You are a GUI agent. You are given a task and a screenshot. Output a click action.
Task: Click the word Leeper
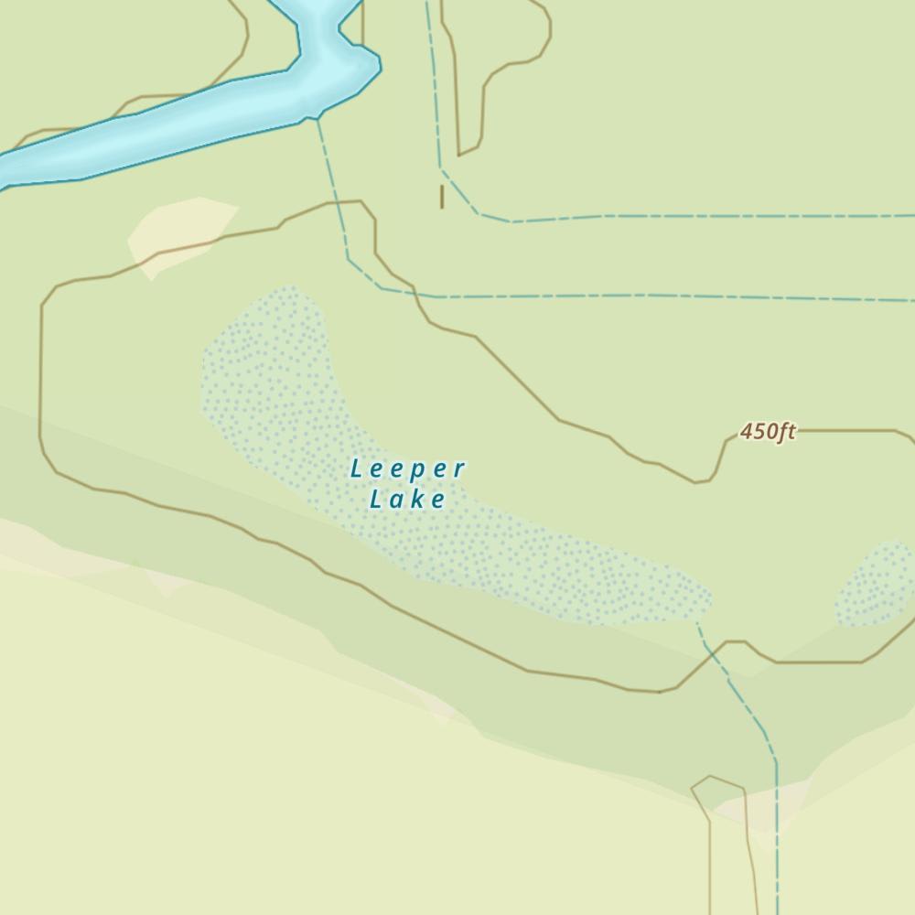coord(408,469)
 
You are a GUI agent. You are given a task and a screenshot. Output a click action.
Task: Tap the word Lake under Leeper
coord(408,499)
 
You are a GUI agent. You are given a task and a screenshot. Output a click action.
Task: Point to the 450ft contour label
coord(768,431)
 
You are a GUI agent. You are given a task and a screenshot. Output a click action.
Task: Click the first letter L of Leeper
coord(357,469)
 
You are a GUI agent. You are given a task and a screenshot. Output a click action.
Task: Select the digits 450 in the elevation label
coord(757,431)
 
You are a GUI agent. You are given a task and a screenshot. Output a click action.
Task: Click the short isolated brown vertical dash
coord(442,196)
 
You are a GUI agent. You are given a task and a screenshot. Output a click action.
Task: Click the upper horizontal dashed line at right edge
coord(906,217)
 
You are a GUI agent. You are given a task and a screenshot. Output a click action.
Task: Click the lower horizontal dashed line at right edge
coord(906,299)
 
